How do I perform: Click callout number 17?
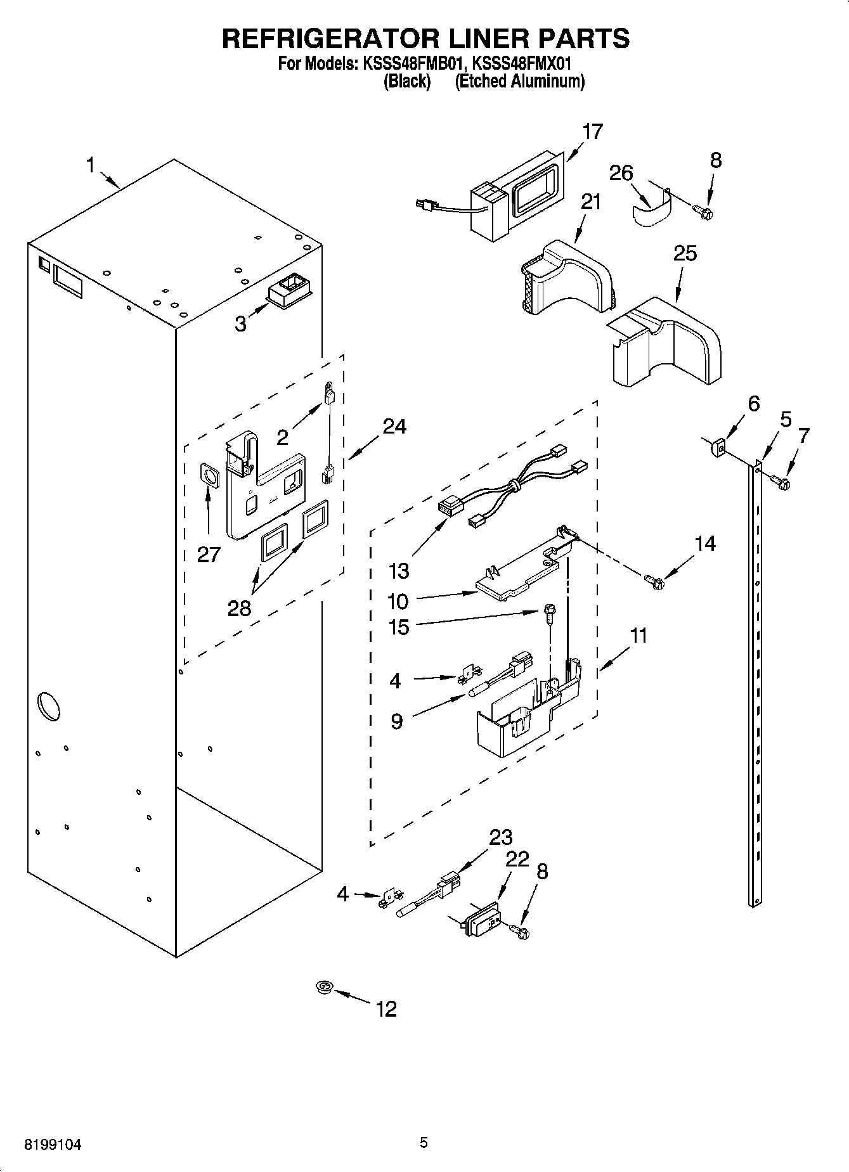[x=592, y=132]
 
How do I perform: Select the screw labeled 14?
[x=654, y=579]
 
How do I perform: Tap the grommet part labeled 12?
[x=325, y=987]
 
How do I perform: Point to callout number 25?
[x=685, y=254]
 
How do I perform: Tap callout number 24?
[x=394, y=427]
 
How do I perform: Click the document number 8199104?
[x=53, y=1145]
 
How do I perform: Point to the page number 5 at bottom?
[x=424, y=1142]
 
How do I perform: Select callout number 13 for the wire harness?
[x=399, y=571]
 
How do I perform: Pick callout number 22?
[x=517, y=860]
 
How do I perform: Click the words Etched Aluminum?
[x=519, y=81]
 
